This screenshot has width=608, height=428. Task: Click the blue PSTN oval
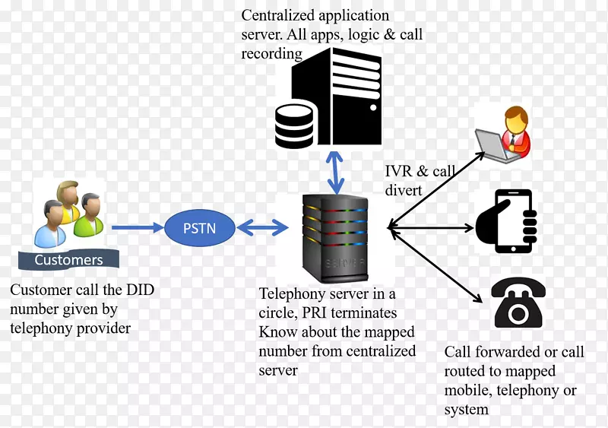(x=200, y=227)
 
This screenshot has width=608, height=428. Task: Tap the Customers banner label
(x=68, y=260)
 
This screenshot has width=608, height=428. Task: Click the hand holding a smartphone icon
(x=508, y=221)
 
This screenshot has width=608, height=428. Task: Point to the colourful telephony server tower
(x=335, y=237)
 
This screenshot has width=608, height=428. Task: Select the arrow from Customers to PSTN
(x=137, y=227)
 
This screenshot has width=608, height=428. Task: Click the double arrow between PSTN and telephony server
(x=262, y=227)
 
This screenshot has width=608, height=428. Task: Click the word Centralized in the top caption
(x=278, y=15)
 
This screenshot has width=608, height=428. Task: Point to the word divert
(x=403, y=190)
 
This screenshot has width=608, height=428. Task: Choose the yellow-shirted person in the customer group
(x=67, y=201)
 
